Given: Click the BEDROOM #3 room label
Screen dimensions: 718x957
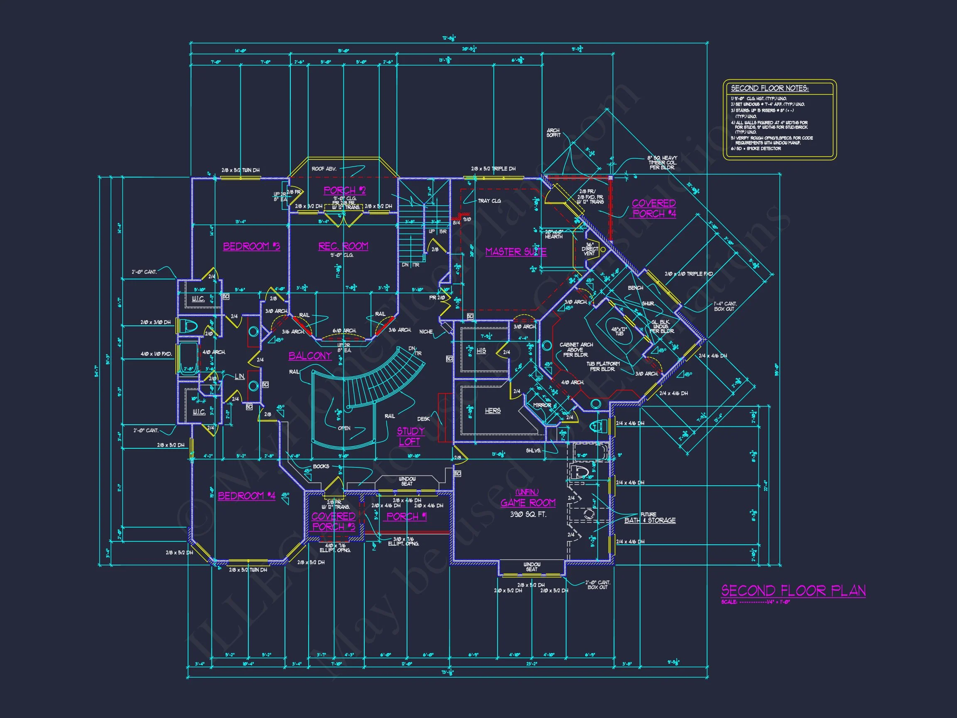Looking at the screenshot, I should coord(251,246).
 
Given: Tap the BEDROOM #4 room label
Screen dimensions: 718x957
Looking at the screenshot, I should coord(246,496).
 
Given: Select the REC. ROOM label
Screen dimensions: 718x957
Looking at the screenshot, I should coord(343,246).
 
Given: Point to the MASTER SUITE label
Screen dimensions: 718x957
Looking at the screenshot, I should coord(516,251).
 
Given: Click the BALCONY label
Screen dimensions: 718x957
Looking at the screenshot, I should coord(310,356).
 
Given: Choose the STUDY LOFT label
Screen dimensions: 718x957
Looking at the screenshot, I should coord(410,436).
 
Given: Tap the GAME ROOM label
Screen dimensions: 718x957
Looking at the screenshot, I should coord(528,502).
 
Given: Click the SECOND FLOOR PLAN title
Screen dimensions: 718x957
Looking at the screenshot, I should coord(793,591).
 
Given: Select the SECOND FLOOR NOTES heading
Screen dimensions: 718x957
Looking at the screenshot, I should coord(770,88).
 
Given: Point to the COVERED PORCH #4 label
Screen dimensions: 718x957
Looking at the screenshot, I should coord(654,208).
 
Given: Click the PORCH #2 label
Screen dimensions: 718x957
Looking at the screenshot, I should coord(344,190).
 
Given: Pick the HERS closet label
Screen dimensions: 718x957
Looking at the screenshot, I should coord(492,410).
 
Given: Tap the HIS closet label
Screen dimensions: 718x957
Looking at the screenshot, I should coord(481,351).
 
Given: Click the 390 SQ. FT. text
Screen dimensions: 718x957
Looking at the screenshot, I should coord(528,514).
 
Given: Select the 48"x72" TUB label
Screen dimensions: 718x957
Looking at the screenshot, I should coord(620,331).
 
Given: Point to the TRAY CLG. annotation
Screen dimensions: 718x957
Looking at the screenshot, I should coord(489,201).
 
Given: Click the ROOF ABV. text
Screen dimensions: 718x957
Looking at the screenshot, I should coord(324,169).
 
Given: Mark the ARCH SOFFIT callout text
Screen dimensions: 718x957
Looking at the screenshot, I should coord(553,133).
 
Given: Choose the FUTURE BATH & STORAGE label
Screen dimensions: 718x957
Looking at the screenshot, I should coord(649,518).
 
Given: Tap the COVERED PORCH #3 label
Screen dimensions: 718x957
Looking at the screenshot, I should coord(333,521).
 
